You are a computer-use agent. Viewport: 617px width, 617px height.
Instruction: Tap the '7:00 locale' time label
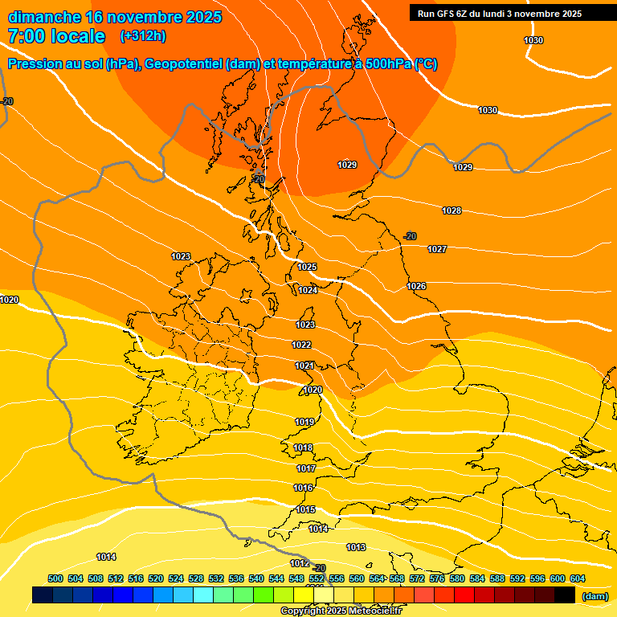(56, 36)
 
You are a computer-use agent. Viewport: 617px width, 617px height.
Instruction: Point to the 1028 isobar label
(452, 210)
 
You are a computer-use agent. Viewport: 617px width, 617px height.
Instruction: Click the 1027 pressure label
(437, 249)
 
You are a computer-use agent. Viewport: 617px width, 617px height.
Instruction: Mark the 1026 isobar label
(416, 286)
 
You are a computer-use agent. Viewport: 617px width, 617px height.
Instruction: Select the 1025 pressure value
(307, 267)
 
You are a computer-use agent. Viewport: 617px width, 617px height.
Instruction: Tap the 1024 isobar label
(308, 290)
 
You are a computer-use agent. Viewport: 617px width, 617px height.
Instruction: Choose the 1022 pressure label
(301, 345)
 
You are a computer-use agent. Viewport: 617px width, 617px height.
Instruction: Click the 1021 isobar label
(304, 366)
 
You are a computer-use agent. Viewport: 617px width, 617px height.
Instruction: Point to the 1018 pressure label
(303, 447)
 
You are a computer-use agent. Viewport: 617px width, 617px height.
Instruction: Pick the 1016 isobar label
(303, 488)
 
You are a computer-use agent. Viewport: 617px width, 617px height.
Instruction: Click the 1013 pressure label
(356, 547)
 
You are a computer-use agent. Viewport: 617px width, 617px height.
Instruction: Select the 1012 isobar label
(300, 563)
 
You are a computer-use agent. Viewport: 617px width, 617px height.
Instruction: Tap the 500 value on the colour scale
(55, 578)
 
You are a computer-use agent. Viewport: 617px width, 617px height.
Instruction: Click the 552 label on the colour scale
(317, 578)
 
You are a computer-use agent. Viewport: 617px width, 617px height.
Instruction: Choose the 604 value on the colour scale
(577, 578)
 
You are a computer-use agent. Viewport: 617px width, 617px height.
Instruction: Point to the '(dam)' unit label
(595, 596)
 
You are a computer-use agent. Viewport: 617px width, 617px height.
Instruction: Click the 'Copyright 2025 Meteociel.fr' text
(341, 611)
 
